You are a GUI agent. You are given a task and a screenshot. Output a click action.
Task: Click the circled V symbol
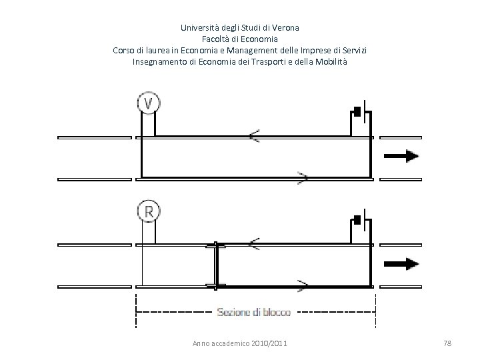point(149,103)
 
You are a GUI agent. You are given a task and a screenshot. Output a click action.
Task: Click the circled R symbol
point(149,211)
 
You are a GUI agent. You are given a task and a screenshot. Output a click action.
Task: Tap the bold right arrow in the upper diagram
point(401,157)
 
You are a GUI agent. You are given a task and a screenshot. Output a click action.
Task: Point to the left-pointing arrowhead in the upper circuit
point(255,137)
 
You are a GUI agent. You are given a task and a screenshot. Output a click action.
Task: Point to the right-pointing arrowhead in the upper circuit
point(302,178)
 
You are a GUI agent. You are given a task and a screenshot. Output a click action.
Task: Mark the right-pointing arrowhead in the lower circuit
point(302,285)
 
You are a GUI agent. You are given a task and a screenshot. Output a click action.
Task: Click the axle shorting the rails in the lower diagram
point(215,265)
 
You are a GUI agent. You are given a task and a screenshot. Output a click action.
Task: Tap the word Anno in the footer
point(200,343)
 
